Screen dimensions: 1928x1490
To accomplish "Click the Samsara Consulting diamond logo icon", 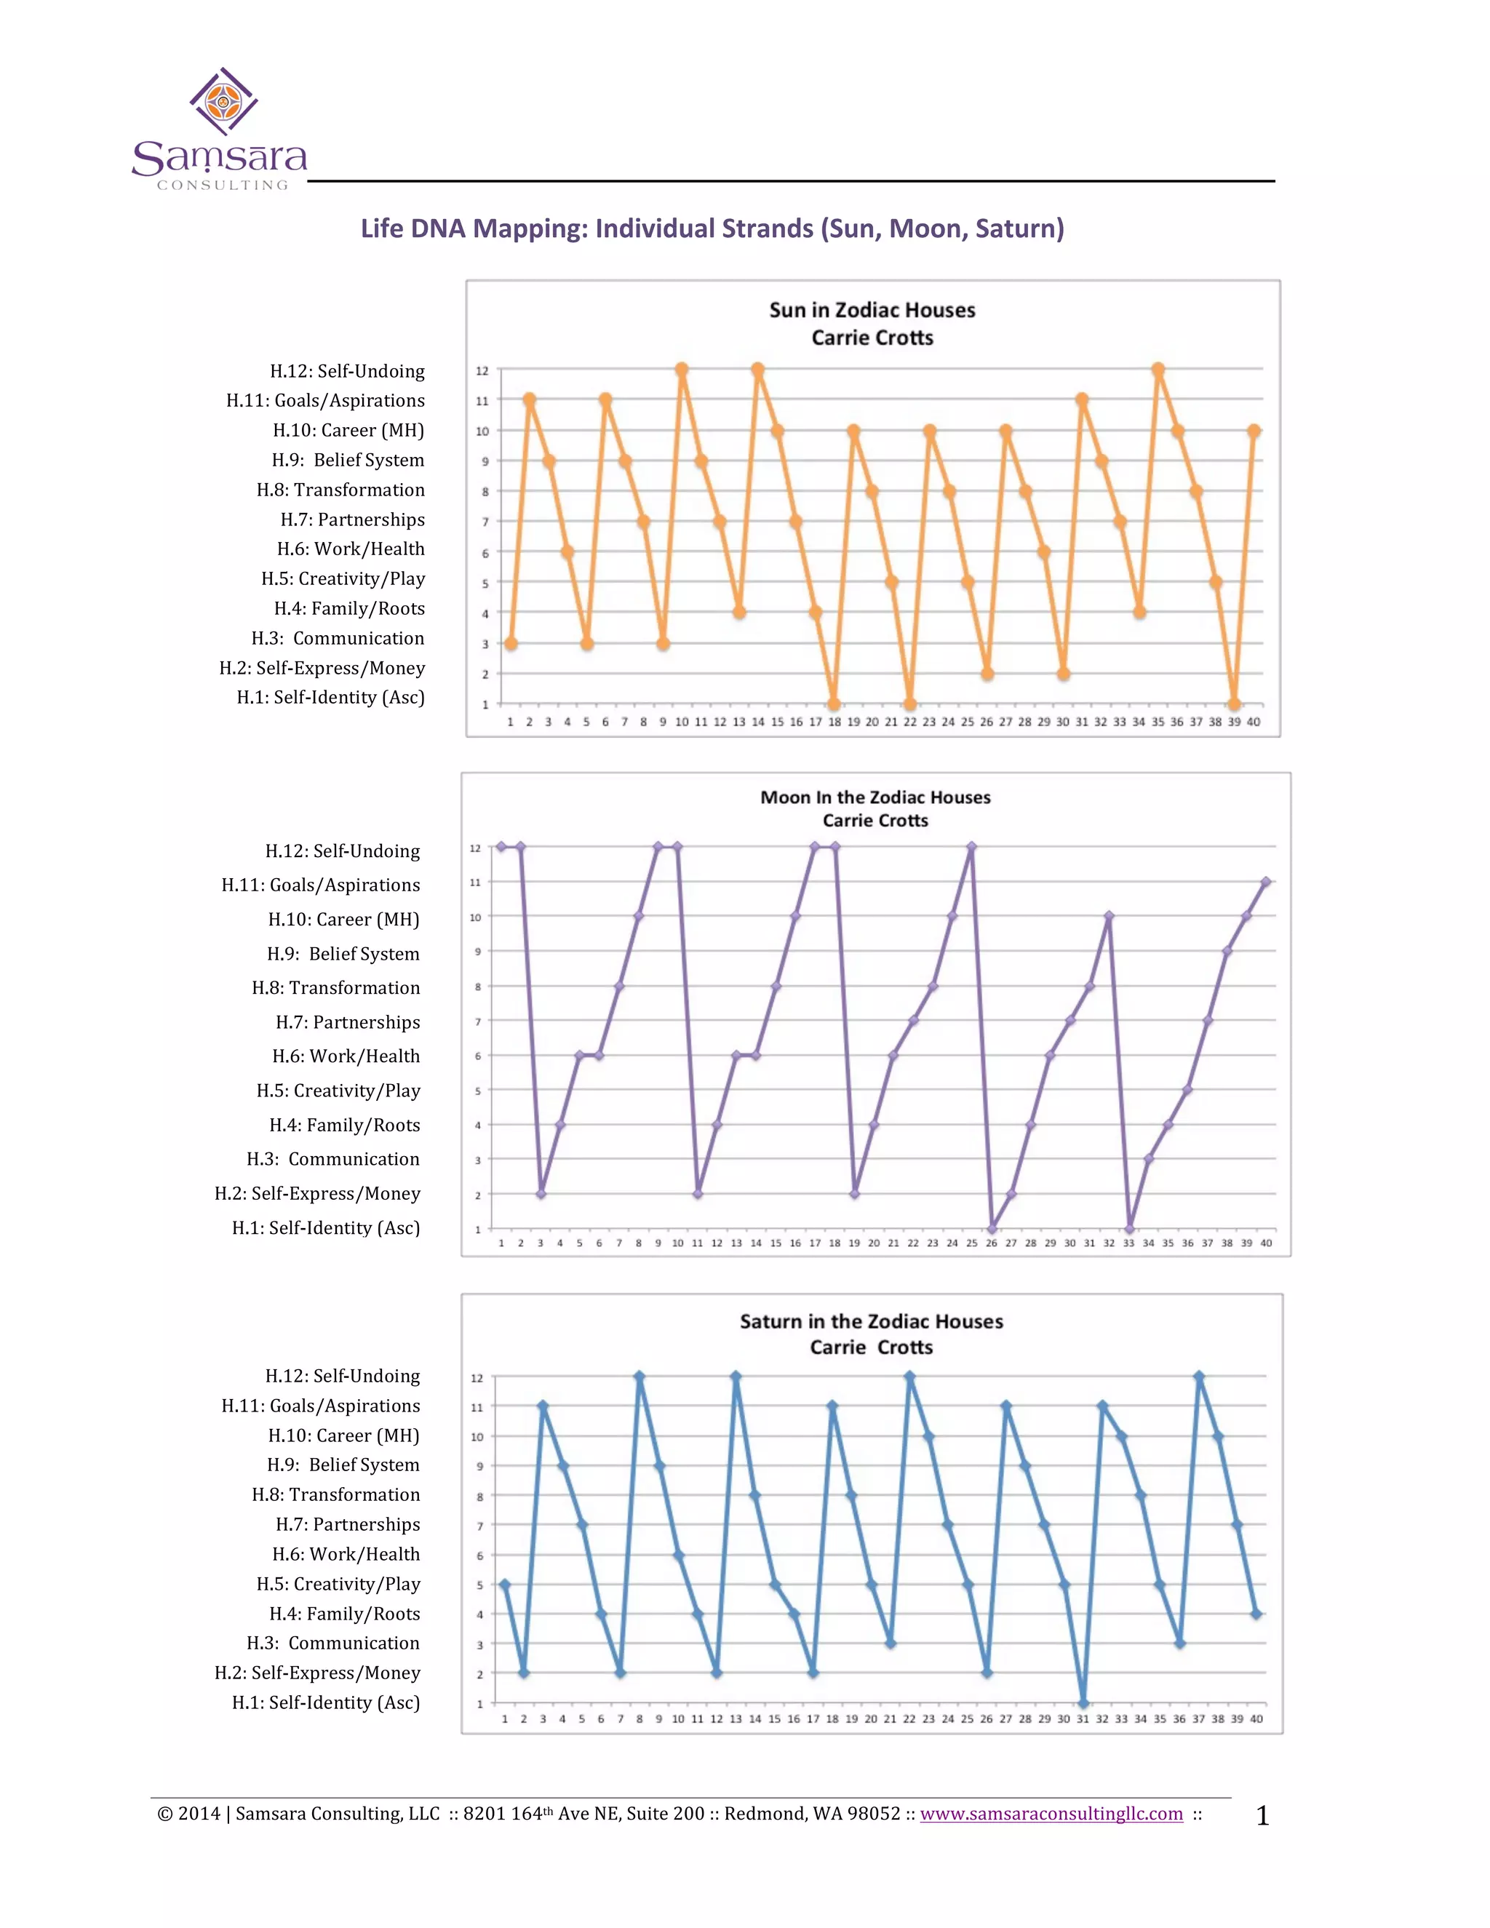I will pyautogui.click(x=223, y=102).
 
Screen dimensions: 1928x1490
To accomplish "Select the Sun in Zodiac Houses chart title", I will pyautogui.click(x=872, y=311).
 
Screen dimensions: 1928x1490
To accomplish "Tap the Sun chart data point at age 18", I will pyautogui.click(x=834, y=704).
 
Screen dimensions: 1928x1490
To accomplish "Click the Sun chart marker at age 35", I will pyautogui.click(x=1158, y=370).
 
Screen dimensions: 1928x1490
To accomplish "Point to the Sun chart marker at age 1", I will pyautogui.click(x=510, y=644).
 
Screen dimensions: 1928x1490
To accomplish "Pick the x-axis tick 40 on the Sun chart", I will pyautogui.click(x=1254, y=722).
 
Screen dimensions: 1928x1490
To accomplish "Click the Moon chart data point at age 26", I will pyautogui.click(x=992, y=1228).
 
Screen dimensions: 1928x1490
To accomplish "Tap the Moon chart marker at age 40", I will pyautogui.click(x=1266, y=882).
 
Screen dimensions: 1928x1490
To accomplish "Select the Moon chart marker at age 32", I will pyautogui.click(x=1109, y=916).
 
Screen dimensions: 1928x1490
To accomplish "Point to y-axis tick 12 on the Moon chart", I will pyautogui.click(x=475, y=848).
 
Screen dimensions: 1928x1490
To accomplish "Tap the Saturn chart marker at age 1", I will pyautogui.click(x=505, y=1585).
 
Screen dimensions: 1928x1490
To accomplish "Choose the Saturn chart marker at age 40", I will pyautogui.click(x=1256, y=1614).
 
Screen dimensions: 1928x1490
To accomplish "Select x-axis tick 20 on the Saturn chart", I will pyautogui.click(x=871, y=1718).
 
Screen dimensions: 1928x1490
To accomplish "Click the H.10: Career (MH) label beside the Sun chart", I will pyautogui.click(x=348, y=431).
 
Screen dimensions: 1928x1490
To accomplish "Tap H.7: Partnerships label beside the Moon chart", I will pyautogui.click(x=348, y=1022).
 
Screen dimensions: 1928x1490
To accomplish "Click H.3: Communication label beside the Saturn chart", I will pyautogui.click(x=332, y=1643).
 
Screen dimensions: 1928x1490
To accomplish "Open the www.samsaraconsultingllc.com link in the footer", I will pyautogui.click(x=1051, y=1813).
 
